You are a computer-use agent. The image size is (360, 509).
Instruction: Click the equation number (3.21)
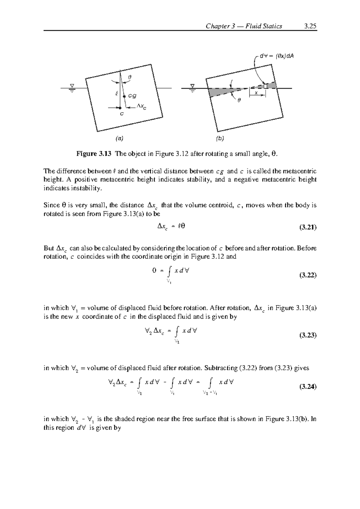tap(308, 228)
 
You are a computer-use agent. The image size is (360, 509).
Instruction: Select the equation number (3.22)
tap(308, 275)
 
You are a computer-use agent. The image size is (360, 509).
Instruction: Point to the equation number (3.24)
tap(308, 387)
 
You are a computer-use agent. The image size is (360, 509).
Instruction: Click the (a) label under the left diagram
tap(120, 138)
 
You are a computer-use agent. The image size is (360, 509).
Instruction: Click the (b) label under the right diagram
tap(220, 139)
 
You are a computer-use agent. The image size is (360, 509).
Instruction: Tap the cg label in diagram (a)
tap(132, 96)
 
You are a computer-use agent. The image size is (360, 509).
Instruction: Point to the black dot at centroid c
tap(120, 107)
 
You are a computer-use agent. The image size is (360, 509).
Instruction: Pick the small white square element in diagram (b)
tap(265, 86)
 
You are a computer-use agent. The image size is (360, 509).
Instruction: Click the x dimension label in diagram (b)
tap(256, 93)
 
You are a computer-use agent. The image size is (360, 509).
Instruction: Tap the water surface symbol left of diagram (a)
tap(72, 88)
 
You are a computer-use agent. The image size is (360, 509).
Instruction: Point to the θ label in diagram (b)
tap(239, 101)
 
